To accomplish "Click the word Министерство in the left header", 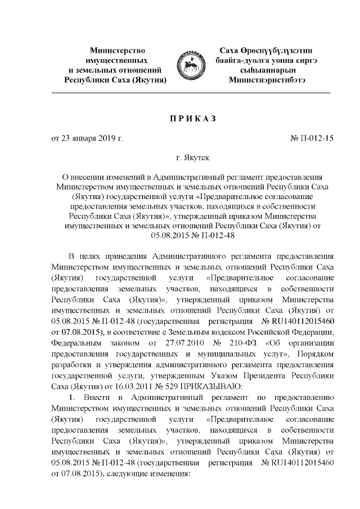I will (x=115, y=50).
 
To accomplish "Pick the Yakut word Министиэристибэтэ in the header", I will (x=268, y=80).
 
